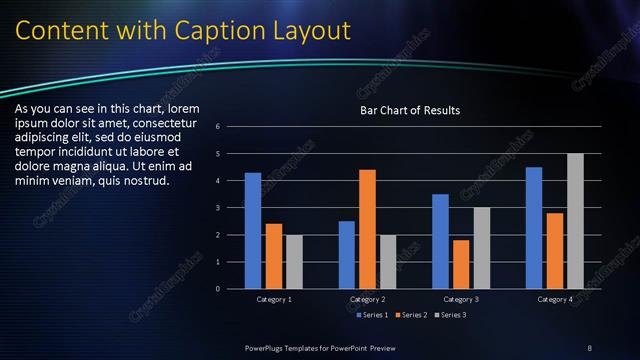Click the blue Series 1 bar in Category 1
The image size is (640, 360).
click(253, 231)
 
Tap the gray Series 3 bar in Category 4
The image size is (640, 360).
click(575, 221)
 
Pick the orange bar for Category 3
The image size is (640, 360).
click(461, 264)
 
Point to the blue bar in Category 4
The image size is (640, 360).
click(534, 228)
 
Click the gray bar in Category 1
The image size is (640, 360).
click(294, 262)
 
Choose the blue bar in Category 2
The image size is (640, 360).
click(347, 255)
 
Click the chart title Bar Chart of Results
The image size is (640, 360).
click(410, 110)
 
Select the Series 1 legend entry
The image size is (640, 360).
click(373, 316)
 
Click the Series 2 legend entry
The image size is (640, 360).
click(412, 316)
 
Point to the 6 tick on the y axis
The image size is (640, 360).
click(231, 127)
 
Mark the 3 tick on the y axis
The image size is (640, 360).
click(231, 208)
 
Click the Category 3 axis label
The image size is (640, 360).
click(461, 299)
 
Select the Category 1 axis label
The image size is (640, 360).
click(274, 299)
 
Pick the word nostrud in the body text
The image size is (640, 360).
click(147, 181)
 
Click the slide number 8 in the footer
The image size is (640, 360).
click(590, 347)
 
